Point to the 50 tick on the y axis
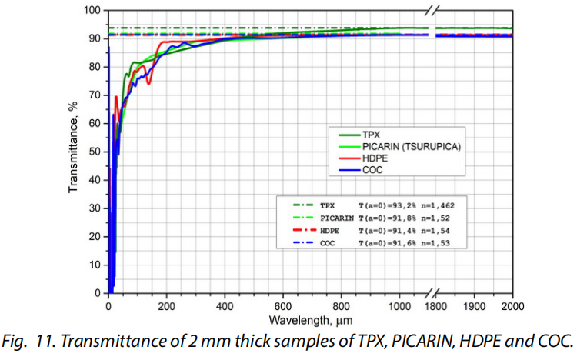pos(95,152)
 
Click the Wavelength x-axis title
pos(311,318)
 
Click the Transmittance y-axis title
pos(75,152)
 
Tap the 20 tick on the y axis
pos(95,236)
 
